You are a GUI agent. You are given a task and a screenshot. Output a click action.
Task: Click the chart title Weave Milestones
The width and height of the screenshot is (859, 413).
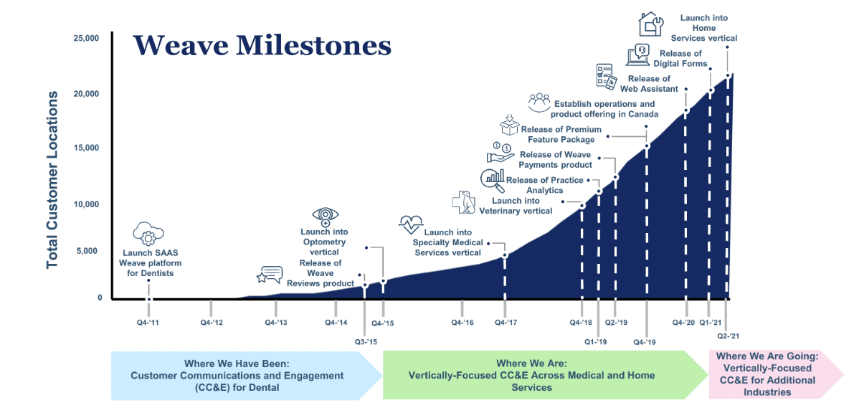(262, 45)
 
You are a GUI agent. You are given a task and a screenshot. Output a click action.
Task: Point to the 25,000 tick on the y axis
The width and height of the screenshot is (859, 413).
(86, 38)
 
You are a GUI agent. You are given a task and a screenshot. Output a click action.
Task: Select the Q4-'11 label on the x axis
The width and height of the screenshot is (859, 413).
(149, 323)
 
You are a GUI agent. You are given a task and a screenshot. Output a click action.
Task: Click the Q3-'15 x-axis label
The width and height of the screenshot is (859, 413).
(366, 341)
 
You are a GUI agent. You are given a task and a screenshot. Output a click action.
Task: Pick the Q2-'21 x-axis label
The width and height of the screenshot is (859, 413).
(729, 336)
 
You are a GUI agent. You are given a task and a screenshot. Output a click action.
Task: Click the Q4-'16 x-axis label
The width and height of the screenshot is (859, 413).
(462, 323)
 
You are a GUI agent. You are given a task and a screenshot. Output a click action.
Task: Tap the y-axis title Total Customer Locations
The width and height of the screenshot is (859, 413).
(52, 180)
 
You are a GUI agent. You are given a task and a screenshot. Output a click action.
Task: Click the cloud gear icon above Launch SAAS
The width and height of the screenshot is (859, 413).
(148, 234)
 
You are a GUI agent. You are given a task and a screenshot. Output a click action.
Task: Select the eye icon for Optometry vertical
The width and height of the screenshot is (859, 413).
(326, 216)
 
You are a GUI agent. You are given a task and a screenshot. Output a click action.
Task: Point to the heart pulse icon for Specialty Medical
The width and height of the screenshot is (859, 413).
(412, 224)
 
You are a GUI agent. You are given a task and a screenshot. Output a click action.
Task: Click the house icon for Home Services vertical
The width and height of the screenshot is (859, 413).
(651, 24)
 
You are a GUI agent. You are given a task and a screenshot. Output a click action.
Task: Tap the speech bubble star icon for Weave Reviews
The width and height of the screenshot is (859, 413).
(270, 275)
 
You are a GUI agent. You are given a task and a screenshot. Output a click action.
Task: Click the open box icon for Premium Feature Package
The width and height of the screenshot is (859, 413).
(509, 125)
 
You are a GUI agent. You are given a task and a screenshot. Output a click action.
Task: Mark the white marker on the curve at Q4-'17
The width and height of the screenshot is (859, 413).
(505, 255)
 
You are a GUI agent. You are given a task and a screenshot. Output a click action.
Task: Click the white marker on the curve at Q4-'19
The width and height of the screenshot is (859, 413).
(647, 146)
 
